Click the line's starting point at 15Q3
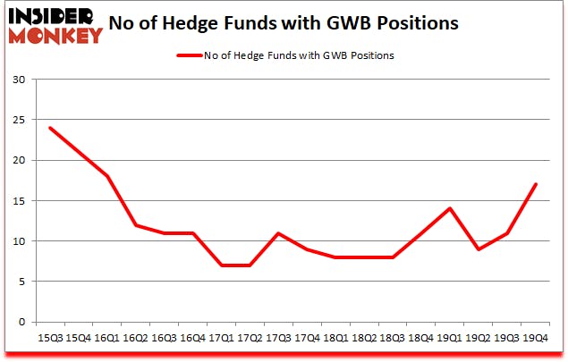point(49,128)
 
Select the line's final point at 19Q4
point(536,184)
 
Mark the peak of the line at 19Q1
point(450,208)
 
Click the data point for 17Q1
point(221,265)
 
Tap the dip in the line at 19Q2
point(479,249)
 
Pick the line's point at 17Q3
point(278,233)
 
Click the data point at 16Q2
point(135,225)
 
